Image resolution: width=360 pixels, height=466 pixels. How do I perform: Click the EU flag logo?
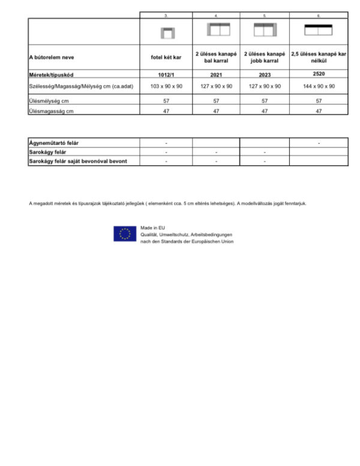tap(125, 234)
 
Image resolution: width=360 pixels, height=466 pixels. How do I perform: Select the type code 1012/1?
tap(166, 76)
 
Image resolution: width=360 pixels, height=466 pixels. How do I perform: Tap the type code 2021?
tap(216, 76)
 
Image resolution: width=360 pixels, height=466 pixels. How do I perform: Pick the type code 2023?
tap(265, 76)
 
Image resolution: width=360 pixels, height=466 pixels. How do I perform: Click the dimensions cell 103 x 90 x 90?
tap(166, 86)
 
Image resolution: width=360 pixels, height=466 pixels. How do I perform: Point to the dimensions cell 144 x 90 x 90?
tap(319, 86)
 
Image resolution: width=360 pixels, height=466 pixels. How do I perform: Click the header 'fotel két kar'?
tap(166, 58)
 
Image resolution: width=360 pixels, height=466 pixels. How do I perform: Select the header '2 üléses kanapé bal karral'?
tap(216, 58)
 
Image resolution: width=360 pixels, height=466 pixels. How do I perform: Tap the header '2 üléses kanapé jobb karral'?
tap(265, 58)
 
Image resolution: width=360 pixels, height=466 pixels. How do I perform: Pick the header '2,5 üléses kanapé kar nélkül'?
tap(319, 58)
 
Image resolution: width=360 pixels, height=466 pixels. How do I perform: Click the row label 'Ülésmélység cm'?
tap(48, 101)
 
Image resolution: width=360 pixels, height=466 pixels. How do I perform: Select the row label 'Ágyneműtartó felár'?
tap(55, 143)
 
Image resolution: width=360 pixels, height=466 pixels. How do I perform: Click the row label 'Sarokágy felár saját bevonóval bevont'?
tap(78, 161)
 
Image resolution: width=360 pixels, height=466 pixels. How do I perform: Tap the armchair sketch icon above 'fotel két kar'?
tap(166, 32)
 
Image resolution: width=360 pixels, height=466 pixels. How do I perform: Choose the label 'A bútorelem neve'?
tap(50, 58)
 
